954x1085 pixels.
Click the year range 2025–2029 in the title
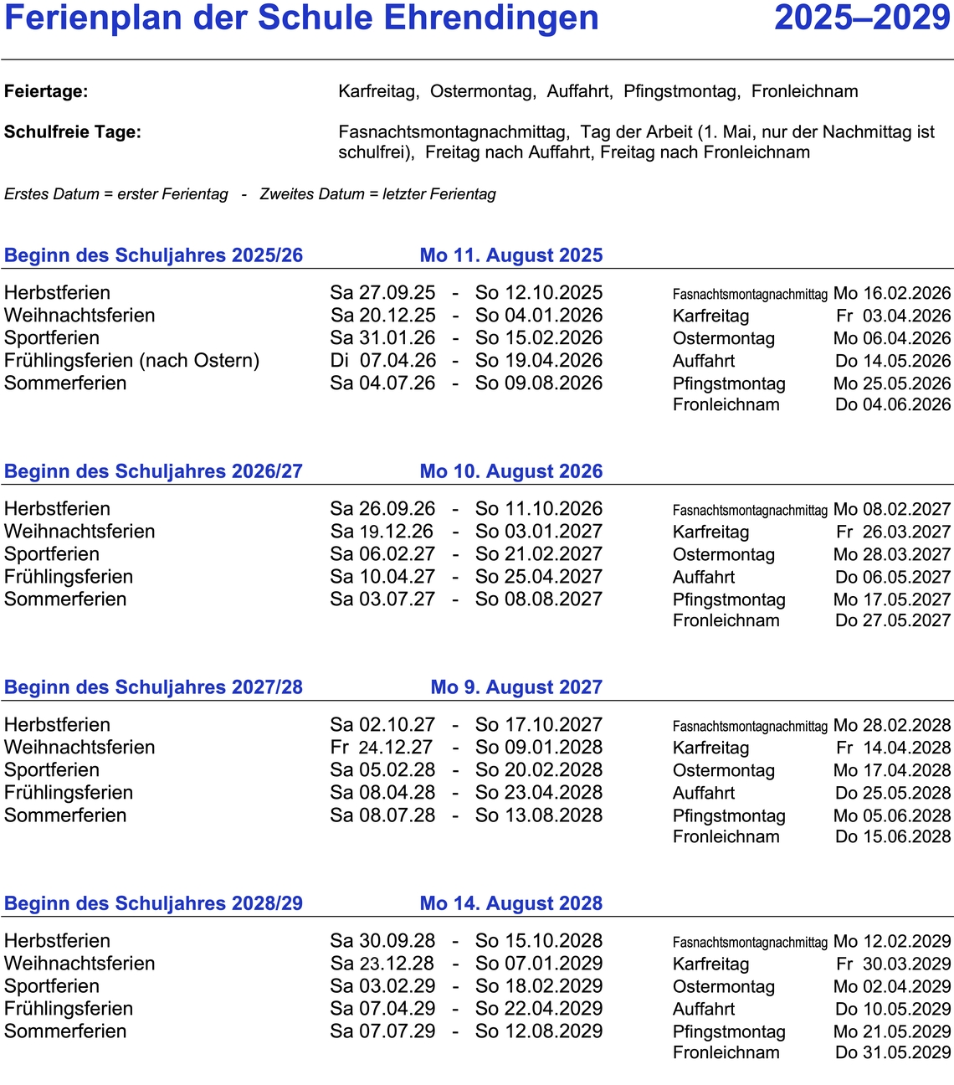pos(862,18)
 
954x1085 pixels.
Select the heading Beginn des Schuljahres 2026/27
pos(153,471)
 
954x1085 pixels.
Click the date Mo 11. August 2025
pos(511,255)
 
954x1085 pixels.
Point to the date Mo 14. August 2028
pos(511,903)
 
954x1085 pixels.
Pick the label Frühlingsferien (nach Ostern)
pos(132,361)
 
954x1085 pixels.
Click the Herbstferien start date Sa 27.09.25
pos(382,293)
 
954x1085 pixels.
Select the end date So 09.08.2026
pos(539,383)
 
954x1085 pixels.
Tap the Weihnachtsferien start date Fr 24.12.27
pos(382,748)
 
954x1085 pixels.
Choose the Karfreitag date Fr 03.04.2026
pos(893,316)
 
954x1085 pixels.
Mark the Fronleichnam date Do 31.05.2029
pos(893,1052)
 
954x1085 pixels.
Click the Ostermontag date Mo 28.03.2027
pos(892,554)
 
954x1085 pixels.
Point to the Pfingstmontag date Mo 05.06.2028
pos(892,815)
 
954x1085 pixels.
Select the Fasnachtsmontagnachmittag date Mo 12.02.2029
pos(892,941)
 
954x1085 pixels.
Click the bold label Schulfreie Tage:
pos(73,131)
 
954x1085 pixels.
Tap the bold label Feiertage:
pos(46,91)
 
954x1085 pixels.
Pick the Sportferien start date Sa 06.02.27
pos(382,554)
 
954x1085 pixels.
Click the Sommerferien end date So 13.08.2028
pos(539,815)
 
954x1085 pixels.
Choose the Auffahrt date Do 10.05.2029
pos(893,1009)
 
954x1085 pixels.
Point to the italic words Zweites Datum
pos(312,194)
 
